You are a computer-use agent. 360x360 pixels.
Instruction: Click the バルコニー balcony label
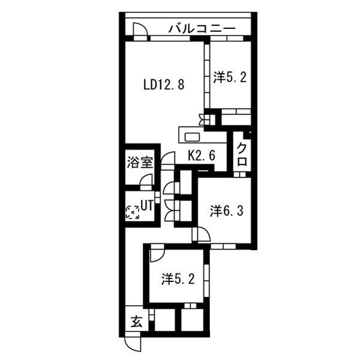point(202,29)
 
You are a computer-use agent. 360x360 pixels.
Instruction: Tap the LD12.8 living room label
point(164,85)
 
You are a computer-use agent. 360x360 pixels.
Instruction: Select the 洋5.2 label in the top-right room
point(230,77)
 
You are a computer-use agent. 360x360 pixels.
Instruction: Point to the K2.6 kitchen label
point(202,155)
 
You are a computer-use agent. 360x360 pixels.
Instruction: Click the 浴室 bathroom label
point(140,163)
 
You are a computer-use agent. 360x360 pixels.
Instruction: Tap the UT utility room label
point(147,206)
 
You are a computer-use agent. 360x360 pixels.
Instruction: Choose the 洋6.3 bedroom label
point(226,211)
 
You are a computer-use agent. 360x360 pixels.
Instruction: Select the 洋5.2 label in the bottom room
point(178,279)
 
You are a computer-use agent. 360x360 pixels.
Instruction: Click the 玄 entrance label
point(137,322)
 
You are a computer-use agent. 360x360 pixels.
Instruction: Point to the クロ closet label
point(242,154)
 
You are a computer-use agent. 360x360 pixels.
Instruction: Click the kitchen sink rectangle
point(193,137)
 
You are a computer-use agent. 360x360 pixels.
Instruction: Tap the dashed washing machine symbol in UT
point(132,212)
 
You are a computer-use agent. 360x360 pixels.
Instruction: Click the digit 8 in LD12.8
point(181,85)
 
